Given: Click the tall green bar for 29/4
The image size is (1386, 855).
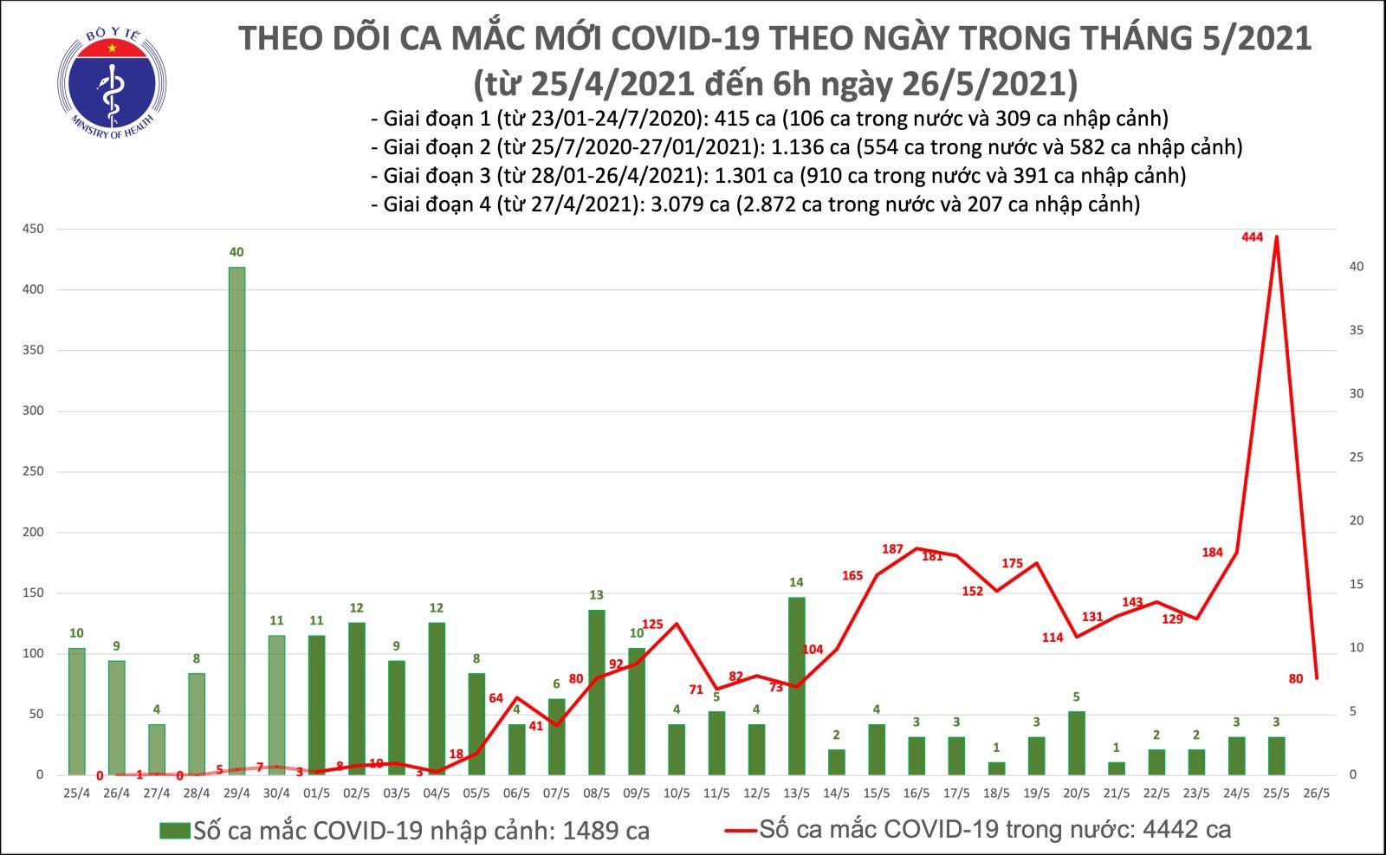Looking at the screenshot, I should [x=236, y=520].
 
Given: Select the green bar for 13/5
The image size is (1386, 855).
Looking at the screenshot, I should [x=796, y=684].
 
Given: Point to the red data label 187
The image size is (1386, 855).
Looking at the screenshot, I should [x=892, y=549].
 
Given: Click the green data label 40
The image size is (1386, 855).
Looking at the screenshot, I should [x=236, y=252].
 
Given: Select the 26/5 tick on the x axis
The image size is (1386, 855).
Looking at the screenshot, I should [x=1317, y=793].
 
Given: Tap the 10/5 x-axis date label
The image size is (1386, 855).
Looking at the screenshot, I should [x=677, y=793].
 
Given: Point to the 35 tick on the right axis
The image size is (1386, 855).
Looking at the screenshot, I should [x=1357, y=330].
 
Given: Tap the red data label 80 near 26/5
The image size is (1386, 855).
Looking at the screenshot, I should [x=1296, y=678].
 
